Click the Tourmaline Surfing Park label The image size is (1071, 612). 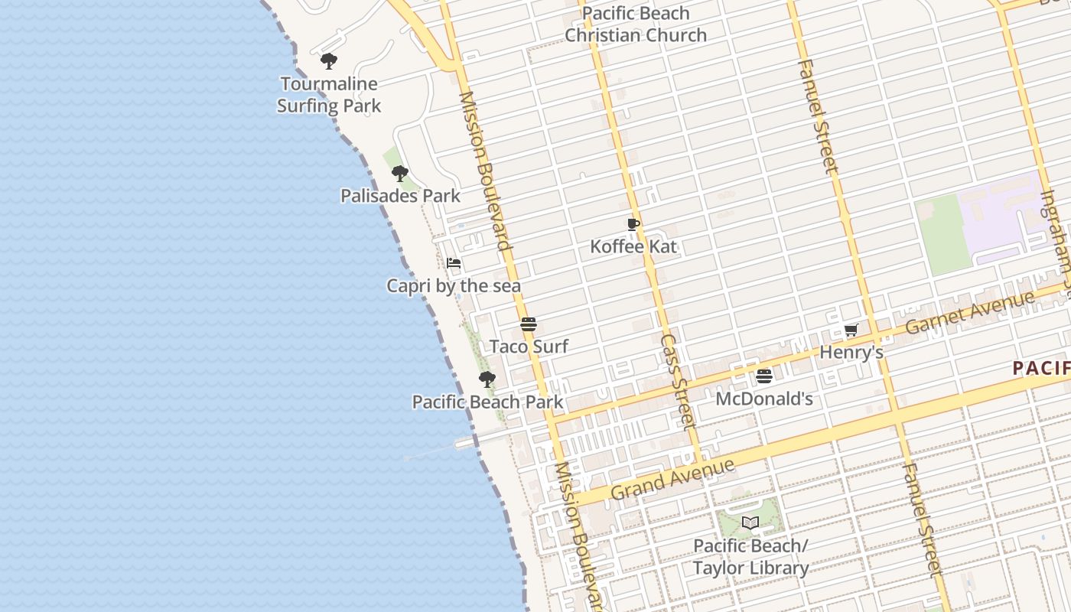(329, 95)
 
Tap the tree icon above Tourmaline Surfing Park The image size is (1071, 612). (329, 60)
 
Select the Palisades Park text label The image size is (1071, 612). (400, 196)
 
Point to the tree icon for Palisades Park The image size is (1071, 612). (399, 174)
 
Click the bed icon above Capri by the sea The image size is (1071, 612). (454, 264)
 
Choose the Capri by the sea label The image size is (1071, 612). (454, 286)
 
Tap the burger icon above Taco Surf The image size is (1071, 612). (529, 324)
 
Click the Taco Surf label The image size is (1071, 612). (529, 347)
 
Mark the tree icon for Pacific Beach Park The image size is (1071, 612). (487, 379)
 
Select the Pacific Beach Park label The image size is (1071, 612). (487, 402)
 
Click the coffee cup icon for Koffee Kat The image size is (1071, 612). (633, 224)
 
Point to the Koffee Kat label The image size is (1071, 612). (633, 246)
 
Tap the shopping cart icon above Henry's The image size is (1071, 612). (851, 330)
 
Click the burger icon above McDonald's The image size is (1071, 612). (763, 376)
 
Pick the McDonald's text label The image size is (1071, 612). (763, 399)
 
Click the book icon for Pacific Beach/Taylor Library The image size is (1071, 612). (750, 523)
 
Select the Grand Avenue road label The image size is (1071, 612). (673, 479)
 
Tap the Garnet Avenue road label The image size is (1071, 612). (970, 313)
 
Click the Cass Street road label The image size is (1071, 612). (679, 380)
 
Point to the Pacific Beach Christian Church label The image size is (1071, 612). (636, 24)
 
